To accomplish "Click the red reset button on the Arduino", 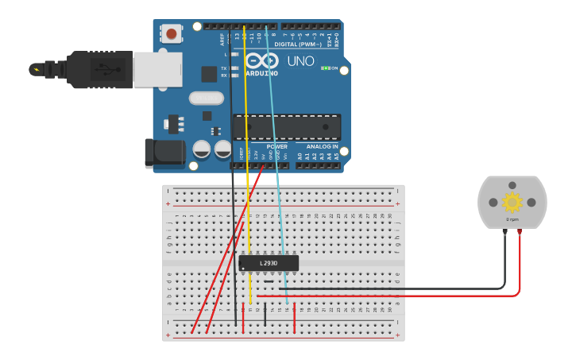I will pyautogui.click(x=171, y=33).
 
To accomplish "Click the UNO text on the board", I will pyautogui.click(x=300, y=61).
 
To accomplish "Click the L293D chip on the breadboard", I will pyautogui.click(x=269, y=262).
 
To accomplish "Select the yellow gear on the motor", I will pyautogui.click(x=512, y=202).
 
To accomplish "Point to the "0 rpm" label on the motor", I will pyautogui.click(x=512, y=219).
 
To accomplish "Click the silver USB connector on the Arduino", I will pyautogui.click(x=157, y=69).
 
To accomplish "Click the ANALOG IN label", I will pyautogui.click(x=323, y=146).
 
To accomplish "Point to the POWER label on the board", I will pyautogui.click(x=277, y=146).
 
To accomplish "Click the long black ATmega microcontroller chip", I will pyautogui.click(x=287, y=127).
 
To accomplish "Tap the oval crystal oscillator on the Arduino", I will pyautogui.click(x=207, y=98).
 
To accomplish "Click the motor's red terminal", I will pyautogui.click(x=520, y=231).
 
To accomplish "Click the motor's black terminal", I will pyautogui.click(x=504, y=231).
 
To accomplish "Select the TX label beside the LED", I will pyautogui.click(x=223, y=68).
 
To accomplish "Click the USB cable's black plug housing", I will pyautogui.click(x=99, y=69).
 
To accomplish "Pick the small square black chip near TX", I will pyautogui.click(x=209, y=74).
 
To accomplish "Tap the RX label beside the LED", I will pyautogui.click(x=223, y=75).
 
